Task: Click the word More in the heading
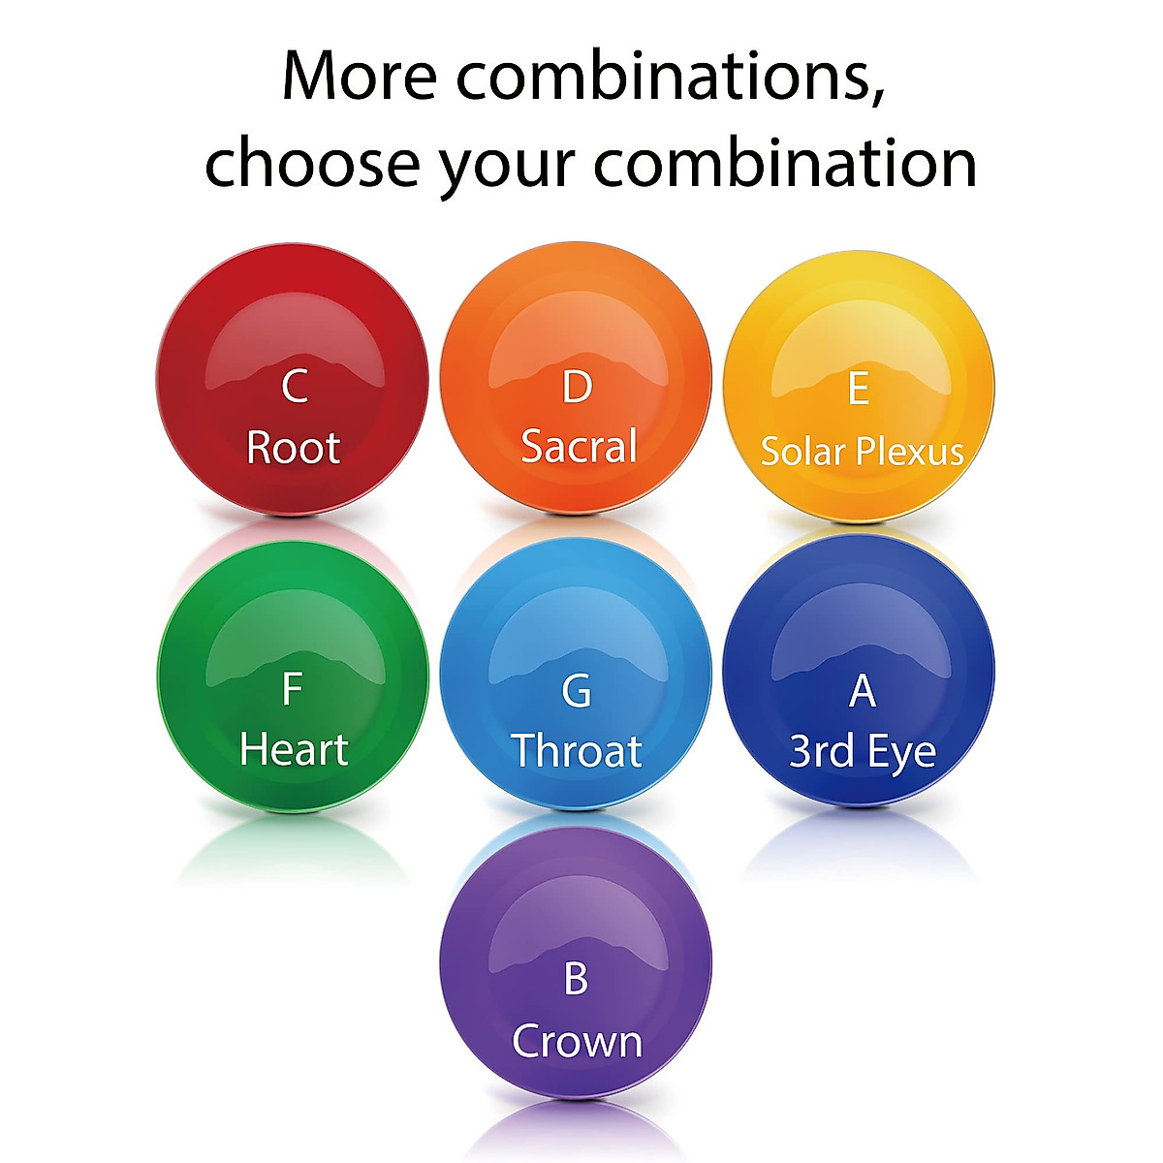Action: [x=360, y=76]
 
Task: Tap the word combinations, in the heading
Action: [x=671, y=78]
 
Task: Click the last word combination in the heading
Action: [x=785, y=162]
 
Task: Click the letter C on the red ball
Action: [x=295, y=387]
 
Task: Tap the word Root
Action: [x=294, y=448]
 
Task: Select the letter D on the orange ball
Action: [x=577, y=387]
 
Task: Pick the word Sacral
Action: [x=579, y=446]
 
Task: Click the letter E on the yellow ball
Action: [x=859, y=388]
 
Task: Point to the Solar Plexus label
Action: [x=862, y=451]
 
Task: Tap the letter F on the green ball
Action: [x=292, y=689]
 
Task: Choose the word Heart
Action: [x=294, y=749]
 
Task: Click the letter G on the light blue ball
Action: [x=577, y=690]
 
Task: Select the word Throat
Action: [x=577, y=751]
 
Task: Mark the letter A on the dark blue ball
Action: [x=862, y=690]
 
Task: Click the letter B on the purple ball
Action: [x=576, y=978]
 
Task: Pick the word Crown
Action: [x=577, y=1041]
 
